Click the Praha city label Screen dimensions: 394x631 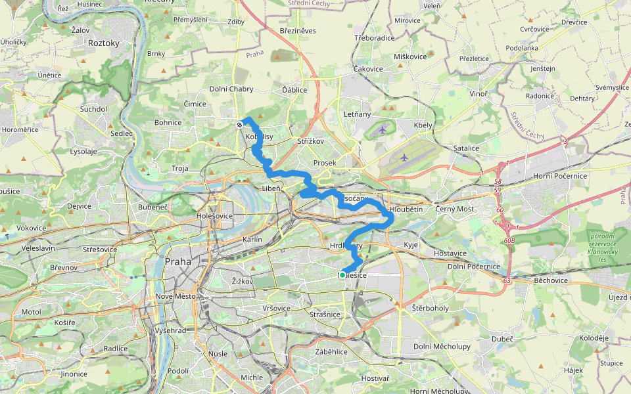[179, 261]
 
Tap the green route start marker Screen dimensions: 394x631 [342, 275]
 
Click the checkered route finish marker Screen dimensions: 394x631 [240, 124]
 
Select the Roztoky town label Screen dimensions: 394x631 [103, 43]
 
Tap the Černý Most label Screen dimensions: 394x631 [455, 209]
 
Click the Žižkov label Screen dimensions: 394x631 [243, 281]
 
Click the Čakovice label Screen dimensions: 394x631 [367, 68]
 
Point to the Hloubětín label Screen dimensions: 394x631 [406, 209]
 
